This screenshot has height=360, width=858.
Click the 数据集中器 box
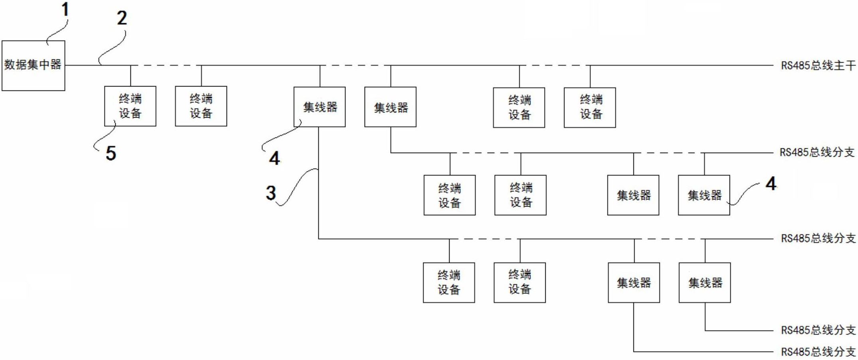point(33,65)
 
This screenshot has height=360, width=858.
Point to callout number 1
point(65,10)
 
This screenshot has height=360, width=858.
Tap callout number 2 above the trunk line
point(122,18)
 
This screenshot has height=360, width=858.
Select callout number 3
point(271,193)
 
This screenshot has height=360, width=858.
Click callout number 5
point(111,153)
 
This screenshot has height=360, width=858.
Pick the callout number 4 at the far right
point(771,184)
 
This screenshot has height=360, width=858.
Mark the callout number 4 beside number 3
point(274,159)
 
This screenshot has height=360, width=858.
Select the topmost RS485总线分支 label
point(817,152)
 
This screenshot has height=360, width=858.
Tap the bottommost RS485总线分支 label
point(818,352)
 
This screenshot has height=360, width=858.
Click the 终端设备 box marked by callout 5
point(130,106)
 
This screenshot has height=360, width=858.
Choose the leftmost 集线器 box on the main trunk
point(320,107)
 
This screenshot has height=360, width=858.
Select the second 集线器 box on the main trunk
point(390,107)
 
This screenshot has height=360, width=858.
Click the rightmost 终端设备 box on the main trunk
point(590,107)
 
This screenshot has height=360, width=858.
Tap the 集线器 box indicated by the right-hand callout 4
point(704,195)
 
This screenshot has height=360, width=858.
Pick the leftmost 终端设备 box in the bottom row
point(449,282)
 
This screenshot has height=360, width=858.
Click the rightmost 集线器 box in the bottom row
point(705,282)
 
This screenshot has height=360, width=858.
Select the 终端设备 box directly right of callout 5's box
point(201,106)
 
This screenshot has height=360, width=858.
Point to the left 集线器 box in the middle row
point(633,195)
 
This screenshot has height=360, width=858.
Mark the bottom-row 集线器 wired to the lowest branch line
point(634,282)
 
